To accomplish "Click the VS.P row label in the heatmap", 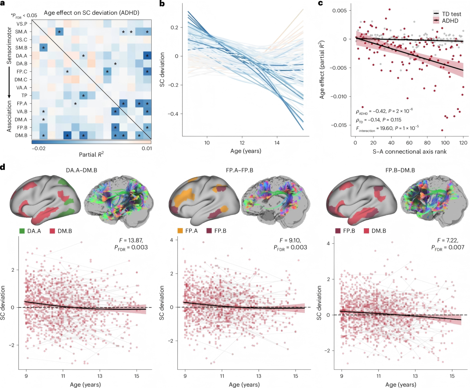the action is pyautogui.click(x=22, y=23).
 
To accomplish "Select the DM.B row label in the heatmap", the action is pyautogui.click(x=21, y=135).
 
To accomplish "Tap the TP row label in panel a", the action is pyautogui.click(x=24, y=95).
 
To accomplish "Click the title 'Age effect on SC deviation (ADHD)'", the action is pyautogui.click(x=91, y=12).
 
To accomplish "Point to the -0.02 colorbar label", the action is pyautogui.click(x=39, y=149).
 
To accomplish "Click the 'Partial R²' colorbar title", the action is pyautogui.click(x=91, y=155).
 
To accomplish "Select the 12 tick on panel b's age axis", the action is pyautogui.click(x=242, y=142).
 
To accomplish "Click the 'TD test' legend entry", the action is pyautogui.click(x=447, y=14).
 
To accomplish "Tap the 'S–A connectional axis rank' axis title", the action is pyautogui.click(x=409, y=152).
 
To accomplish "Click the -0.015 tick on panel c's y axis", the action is pyautogui.click(x=339, y=125).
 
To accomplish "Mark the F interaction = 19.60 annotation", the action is pyautogui.click(x=387, y=128).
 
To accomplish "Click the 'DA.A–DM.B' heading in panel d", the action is pyautogui.click(x=82, y=170).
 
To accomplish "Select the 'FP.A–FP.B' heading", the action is pyautogui.click(x=239, y=170).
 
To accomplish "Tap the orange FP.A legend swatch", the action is pyautogui.click(x=180, y=231).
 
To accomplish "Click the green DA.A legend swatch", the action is pyautogui.click(x=22, y=231).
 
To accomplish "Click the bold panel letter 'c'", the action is pyautogui.click(x=320, y=3).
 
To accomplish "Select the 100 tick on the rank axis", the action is pyautogui.click(x=445, y=143).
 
